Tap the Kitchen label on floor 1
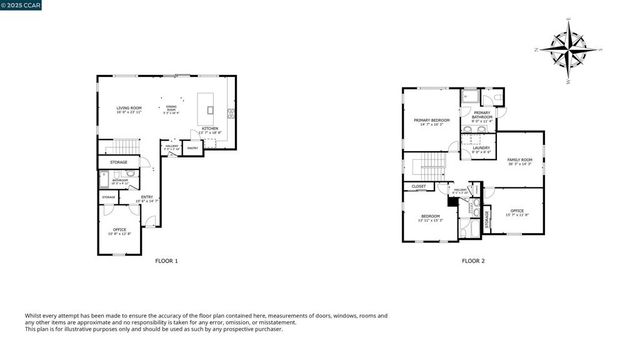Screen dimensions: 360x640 tap(210, 129)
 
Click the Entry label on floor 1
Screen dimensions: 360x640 tap(147, 198)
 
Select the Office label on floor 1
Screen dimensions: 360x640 tap(118, 232)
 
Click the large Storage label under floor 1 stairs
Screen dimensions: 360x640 tap(118, 162)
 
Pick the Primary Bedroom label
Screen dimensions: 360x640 tap(432, 121)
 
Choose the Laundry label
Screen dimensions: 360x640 tap(481, 149)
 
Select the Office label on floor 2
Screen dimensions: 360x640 tap(517, 211)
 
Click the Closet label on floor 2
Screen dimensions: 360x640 tap(418, 186)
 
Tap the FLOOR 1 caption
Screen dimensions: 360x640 tap(166, 261)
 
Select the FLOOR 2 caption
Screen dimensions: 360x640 tap(473, 261)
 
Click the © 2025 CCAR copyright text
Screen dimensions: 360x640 tap(22, 5)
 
